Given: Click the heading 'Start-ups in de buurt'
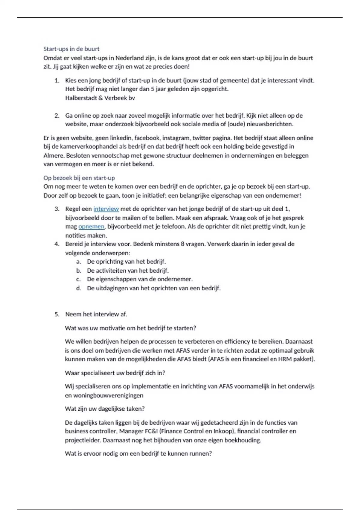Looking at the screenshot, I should [x=71, y=49].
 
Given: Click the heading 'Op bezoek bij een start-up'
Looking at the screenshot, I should [x=79, y=178].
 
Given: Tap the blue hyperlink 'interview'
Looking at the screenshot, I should [x=106, y=209].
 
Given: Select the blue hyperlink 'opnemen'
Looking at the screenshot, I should [x=91, y=226].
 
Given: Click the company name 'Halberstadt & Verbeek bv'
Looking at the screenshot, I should [x=100, y=98].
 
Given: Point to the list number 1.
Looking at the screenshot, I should [x=56, y=81].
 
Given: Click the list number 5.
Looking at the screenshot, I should [x=57, y=314].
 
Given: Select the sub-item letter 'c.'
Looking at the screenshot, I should [x=79, y=279].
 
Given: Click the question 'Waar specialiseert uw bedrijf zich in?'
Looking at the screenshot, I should [x=115, y=373].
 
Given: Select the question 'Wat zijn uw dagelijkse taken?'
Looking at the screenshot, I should [x=105, y=409].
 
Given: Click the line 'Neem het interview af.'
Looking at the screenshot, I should [x=96, y=314].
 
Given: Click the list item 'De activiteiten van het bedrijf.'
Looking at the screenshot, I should [x=127, y=271].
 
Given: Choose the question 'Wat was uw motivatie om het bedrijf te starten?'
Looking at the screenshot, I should [x=130, y=328].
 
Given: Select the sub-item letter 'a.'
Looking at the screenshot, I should [x=79, y=262].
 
